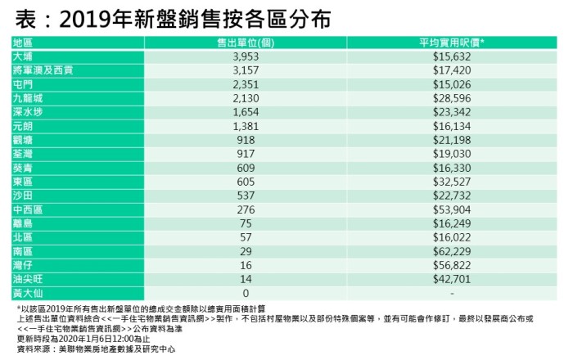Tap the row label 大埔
pyautogui.click(x=24, y=56)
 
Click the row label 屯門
pyautogui.click(x=24, y=84)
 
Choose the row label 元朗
pyautogui.click(x=24, y=126)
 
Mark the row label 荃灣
pyautogui.click(x=24, y=154)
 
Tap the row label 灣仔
pyautogui.click(x=24, y=265)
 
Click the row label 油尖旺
pyautogui.click(x=29, y=279)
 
